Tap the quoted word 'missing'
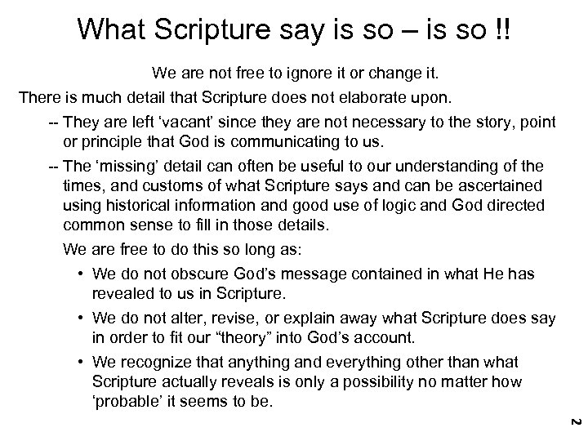tap(133, 166)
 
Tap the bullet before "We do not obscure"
tap(83, 275)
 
